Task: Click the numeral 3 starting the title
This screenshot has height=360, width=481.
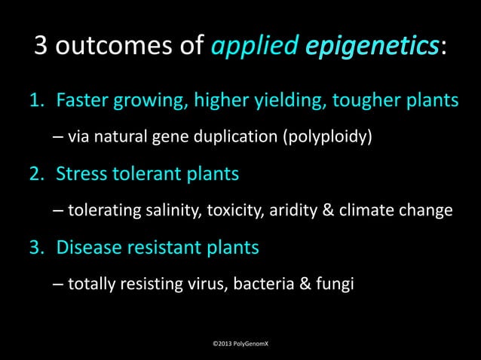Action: pos(42,47)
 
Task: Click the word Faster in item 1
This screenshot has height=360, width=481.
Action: pos(82,100)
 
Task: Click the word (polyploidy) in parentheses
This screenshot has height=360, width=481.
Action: pos(326,139)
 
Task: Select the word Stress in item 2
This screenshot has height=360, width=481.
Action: pos(81,174)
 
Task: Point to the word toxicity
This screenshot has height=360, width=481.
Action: pos(229,211)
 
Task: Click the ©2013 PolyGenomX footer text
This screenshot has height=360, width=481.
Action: pos(240,343)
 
